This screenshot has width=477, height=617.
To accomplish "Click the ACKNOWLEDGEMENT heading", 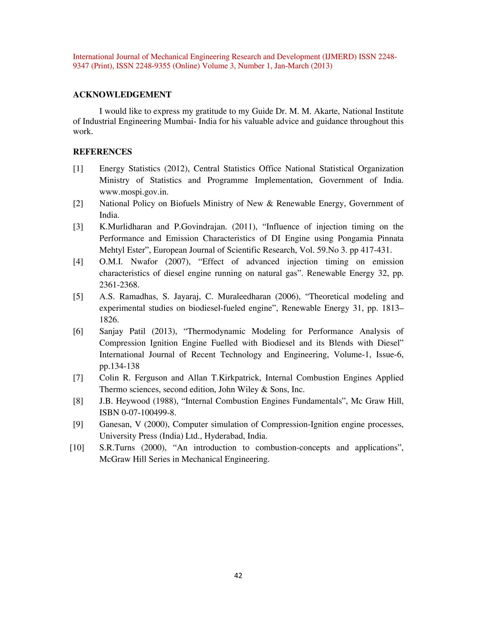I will pyautogui.click(x=122, y=95).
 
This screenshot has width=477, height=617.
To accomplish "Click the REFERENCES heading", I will pyautogui.click(x=102, y=152).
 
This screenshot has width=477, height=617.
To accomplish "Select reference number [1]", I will pyautogui.click(x=78, y=169).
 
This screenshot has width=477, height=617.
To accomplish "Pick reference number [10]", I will pyautogui.click(x=77, y=447).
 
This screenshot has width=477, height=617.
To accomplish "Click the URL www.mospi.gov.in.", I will pyautogui.click(x=134, y=192).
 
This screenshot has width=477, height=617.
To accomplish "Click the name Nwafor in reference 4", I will pyautogui.click(x=144, y=262).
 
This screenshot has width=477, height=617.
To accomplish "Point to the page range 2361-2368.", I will pyautogui.click(x=119, y=285).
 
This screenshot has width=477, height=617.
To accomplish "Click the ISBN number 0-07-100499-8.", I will pyautogui.click(x=149, y=413).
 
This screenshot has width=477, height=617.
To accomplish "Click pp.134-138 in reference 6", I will pyautogui.click(x=119, y=366).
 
